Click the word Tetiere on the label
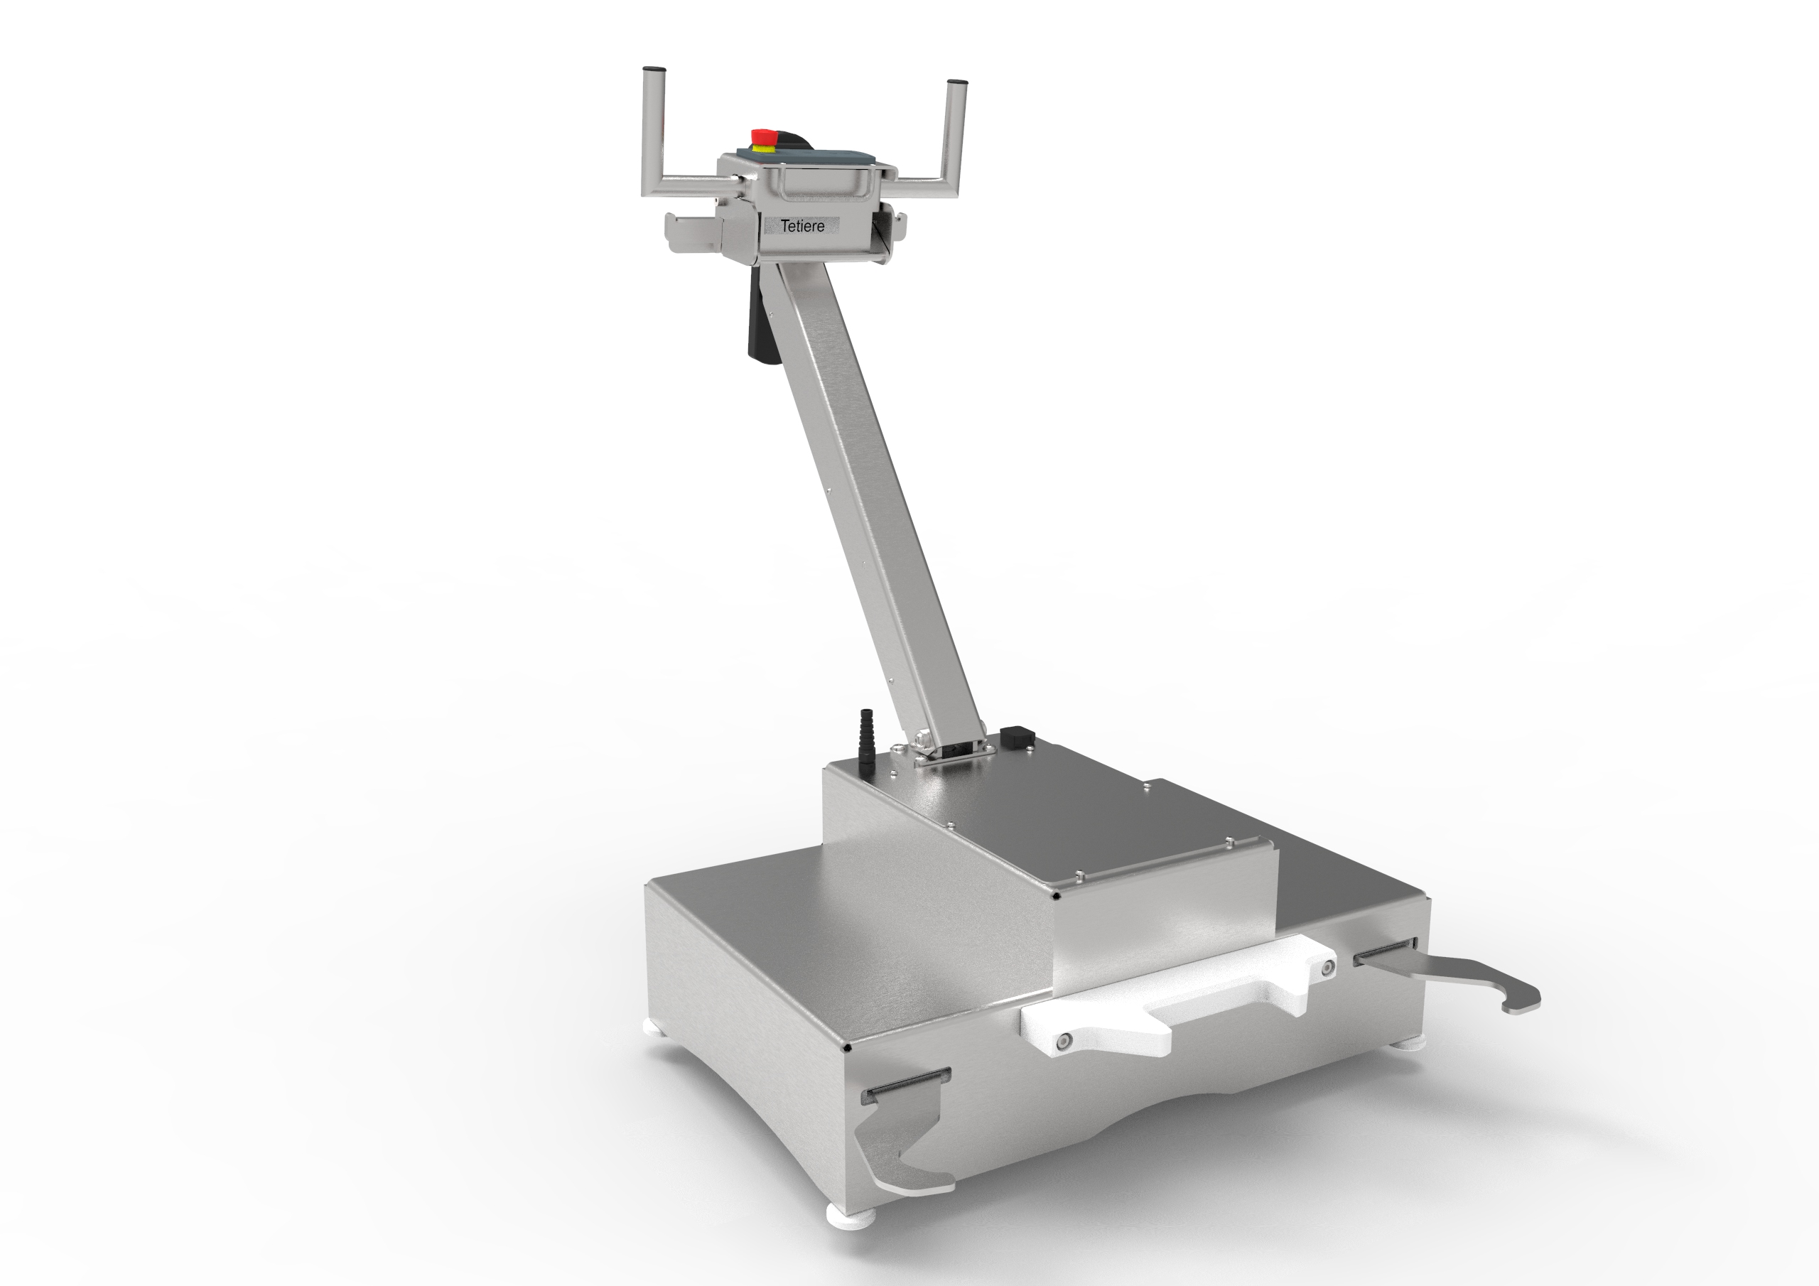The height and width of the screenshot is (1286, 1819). click(801, 226)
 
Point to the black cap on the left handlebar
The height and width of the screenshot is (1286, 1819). click(653, 69)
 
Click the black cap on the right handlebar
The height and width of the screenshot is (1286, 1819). click(956, 82)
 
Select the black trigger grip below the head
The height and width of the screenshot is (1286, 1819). click(757, 325)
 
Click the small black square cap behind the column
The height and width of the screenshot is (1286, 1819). click(1013, 737)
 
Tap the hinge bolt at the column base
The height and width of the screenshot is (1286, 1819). click(922, 740)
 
